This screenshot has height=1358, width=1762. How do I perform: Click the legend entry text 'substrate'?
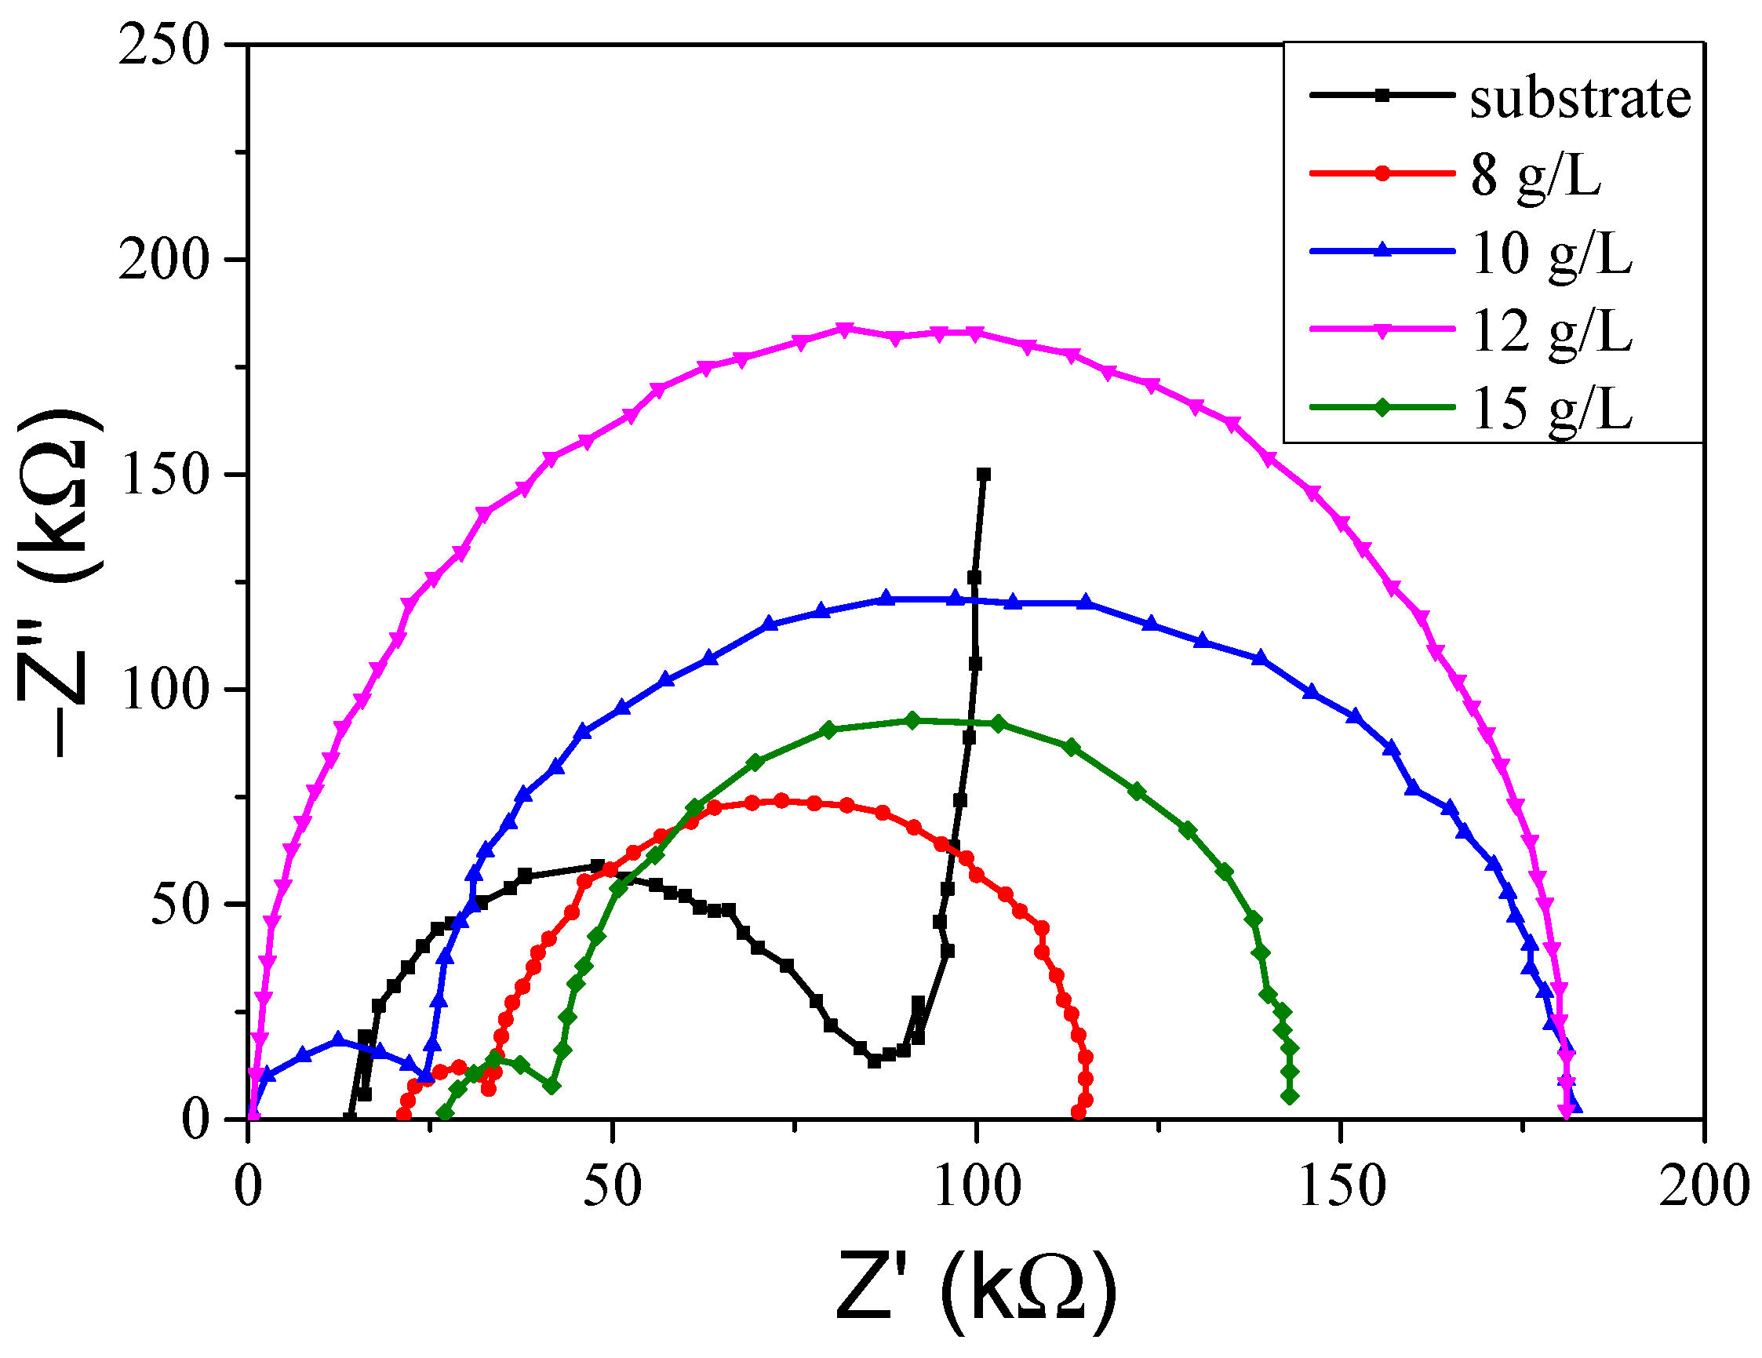tap(1580, 100)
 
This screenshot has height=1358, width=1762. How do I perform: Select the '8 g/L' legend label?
tap(1535, 176)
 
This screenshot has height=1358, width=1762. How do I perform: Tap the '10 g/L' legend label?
tap(1552, 253)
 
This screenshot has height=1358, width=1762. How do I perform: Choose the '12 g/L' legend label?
tap(1552, 331)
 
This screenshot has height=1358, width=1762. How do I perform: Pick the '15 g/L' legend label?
tap(1552, 408)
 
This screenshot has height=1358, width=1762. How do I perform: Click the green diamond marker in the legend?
tap(1382, 407)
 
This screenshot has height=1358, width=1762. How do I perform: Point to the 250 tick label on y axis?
tap(164, 46)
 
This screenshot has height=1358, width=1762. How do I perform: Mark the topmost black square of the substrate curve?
tap(984, 475)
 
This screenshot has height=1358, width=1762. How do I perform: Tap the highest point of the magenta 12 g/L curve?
tap(845, 329)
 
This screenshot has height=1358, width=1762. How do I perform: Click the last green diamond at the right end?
tap(1290, 1096)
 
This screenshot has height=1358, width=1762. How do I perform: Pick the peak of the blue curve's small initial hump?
tap(339, 1040)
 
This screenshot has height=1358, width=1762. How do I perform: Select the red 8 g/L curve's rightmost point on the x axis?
tap(1079, 1113)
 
